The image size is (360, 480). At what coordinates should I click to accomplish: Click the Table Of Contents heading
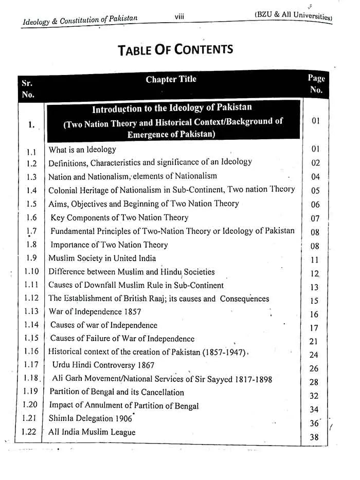point(175,49)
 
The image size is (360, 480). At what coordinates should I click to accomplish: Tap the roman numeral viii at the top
point(179,17)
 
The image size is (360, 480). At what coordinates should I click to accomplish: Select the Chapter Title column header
point(171,79)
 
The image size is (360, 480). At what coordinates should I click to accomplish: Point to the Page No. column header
point(316,84)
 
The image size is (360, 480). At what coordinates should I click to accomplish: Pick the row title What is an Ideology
point(82,150)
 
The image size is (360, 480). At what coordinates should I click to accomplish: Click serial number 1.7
point(31,231)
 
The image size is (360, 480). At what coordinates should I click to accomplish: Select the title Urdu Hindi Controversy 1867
point(103,365)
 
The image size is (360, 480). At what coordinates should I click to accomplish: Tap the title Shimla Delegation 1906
point(91,418)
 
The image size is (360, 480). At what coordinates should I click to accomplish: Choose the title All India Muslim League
point(92,432)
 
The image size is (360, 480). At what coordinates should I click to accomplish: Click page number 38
point(315,437)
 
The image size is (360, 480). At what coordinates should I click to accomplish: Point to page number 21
point(314,341)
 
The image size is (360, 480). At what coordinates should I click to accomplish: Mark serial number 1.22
point(29,432)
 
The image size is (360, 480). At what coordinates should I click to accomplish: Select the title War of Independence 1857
point(92,311)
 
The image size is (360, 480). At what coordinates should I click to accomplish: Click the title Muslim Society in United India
point(102,258)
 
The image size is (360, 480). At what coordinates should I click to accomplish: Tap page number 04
point(315,177)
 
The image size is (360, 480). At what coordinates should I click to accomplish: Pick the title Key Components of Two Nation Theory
point(119,217)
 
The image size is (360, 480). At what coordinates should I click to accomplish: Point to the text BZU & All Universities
point(294,16)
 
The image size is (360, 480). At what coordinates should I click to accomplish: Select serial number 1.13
point(31,311)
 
